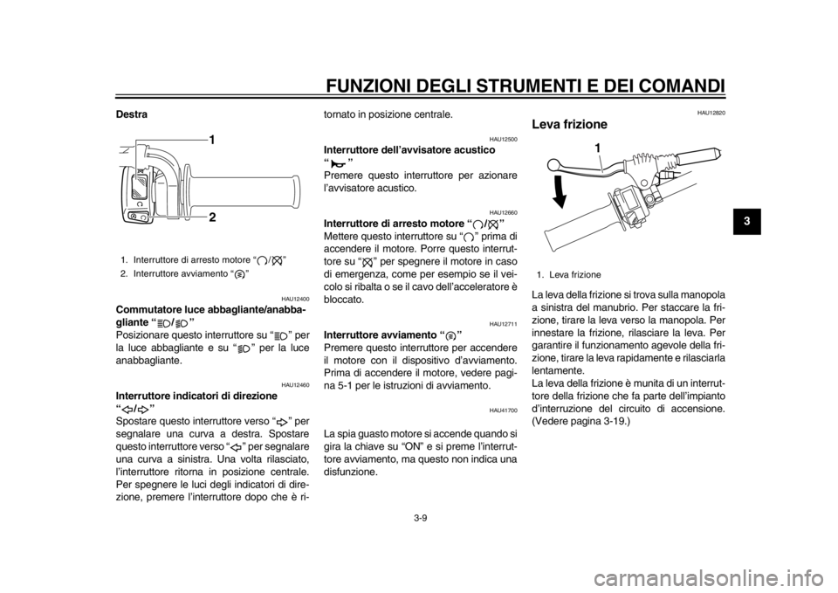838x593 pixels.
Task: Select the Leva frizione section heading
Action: [569, 125]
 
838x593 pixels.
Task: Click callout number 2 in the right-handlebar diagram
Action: [212, 217]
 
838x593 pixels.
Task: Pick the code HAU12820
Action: [713, 113]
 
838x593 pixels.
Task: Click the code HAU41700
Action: [505, 410]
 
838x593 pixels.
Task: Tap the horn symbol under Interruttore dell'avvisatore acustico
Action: [338, 162]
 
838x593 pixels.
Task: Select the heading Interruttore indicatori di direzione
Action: [196, 396]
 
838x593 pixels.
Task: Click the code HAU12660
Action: [505, 212]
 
